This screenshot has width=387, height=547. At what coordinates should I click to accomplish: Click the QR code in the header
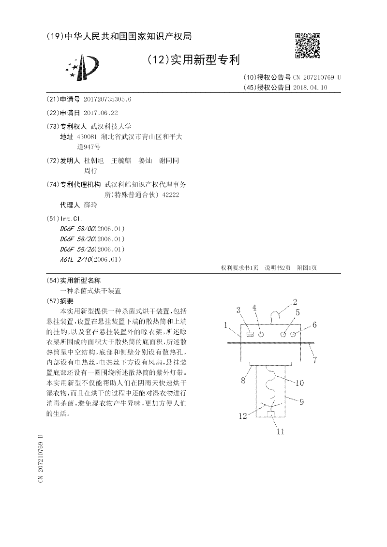coord(309,45)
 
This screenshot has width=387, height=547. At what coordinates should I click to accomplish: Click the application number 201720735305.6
coord(107,99)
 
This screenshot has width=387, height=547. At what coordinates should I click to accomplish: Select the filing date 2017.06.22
coord(101,113)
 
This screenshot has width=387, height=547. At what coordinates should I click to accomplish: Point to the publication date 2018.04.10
coord(310,88)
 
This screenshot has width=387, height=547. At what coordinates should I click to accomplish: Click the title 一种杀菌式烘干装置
coord(90,291)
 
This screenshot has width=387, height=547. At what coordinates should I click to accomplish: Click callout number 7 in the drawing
coord(314,359)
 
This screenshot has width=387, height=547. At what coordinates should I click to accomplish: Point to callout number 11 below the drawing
coord(280,431)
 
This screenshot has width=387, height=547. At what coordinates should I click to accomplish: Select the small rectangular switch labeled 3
coord(250,334)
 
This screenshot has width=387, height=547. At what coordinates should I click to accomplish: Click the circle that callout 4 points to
coord(261,334)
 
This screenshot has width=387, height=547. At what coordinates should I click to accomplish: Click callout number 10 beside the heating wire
coord(299,383)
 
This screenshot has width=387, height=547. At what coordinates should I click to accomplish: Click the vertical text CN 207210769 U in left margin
coord(41,460)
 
